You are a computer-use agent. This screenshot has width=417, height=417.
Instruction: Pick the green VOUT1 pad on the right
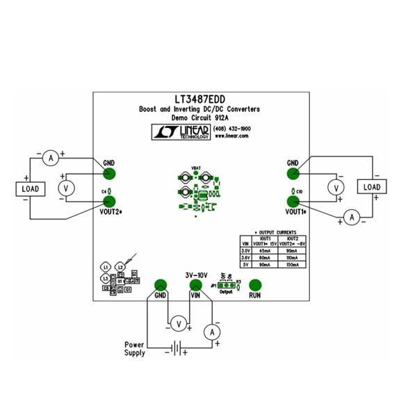(x=293, y=202)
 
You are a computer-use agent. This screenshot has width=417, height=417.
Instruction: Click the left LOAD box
(x=30, y=188)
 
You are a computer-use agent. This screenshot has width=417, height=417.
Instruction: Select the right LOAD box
(x=372, y=187)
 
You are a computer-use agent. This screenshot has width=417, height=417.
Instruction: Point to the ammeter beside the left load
(x=50, y=158)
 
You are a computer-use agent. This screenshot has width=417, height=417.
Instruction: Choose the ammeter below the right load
(x=352, y=218)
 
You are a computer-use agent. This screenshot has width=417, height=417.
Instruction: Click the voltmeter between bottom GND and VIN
(x=178, y=322)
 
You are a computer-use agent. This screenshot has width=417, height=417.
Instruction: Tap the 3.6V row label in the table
(x=245, y=258)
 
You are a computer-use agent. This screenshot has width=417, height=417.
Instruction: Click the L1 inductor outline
(x=105, y=267)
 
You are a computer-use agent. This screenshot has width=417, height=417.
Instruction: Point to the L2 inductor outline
(x=120, y=267)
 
